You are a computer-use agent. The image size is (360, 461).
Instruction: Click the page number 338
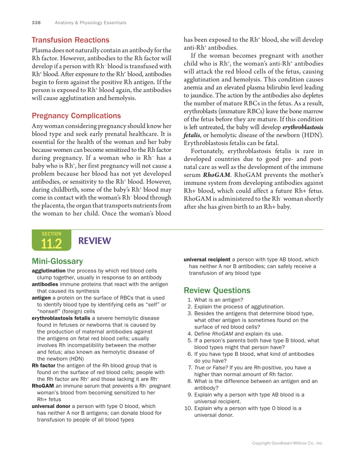coord(36,22)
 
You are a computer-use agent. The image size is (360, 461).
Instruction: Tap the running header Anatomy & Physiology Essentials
coord(90,22)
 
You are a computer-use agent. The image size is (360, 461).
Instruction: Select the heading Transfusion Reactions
coord(70,40)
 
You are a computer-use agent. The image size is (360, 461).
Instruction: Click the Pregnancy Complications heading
coord(76,116)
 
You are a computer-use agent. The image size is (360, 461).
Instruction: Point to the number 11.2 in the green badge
coord(51,244)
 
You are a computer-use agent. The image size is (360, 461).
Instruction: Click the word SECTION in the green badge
coord(51,234)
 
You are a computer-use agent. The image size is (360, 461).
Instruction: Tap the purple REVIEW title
coord(95,241)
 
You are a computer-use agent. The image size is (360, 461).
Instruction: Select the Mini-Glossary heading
coord(57,261)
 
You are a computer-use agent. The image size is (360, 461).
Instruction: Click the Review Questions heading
coord(217,291)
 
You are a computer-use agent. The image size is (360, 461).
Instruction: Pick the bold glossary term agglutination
coord(49,271)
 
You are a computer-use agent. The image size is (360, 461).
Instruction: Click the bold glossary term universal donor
coord(51,406)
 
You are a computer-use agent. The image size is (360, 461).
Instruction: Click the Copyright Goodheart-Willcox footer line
coord(287,443)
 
